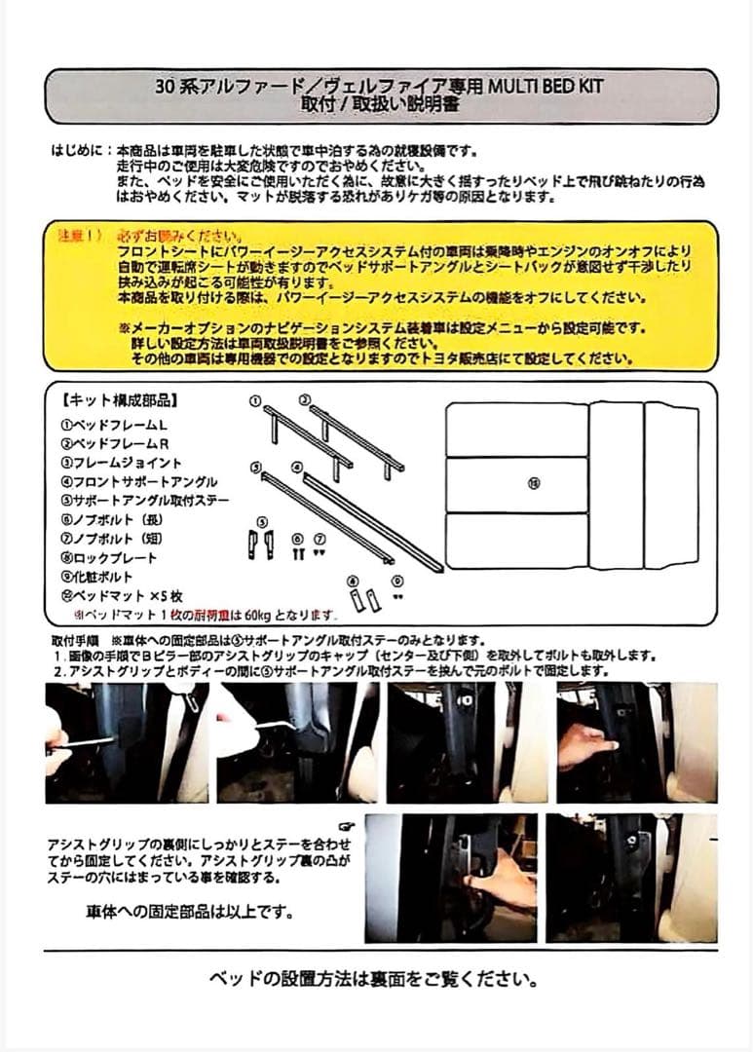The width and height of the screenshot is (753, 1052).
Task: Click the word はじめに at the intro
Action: [79, 153]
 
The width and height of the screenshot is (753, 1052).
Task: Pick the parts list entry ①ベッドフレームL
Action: [114, 425]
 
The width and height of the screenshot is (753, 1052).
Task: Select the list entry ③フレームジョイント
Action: [121, 463]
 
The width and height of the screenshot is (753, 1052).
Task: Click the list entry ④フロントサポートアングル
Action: [138, 482]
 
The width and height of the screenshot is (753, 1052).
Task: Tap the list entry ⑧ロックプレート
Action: [108, 558]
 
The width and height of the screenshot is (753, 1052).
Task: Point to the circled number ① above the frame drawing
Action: [254, 400]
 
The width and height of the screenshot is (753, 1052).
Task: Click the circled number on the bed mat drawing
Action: [533, 483]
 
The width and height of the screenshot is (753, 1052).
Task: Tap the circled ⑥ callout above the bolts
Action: [297, 539]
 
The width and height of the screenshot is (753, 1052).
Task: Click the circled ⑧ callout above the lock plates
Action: [352, 581]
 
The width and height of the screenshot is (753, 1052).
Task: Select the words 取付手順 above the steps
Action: [74, 641]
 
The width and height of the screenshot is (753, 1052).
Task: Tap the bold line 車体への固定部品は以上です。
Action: [188, 914]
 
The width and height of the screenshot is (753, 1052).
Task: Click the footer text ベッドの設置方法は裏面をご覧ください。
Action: [374, 978]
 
